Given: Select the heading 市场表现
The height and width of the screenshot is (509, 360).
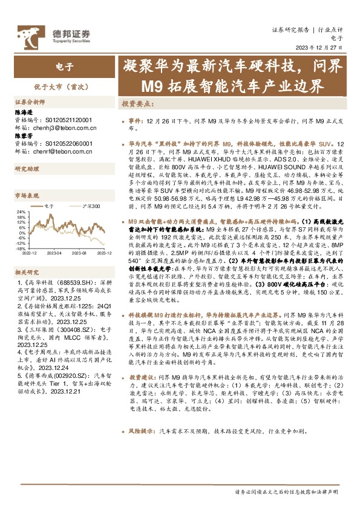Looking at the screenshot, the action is [27, 195].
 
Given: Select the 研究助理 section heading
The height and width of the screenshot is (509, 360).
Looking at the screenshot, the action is [27, 169].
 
